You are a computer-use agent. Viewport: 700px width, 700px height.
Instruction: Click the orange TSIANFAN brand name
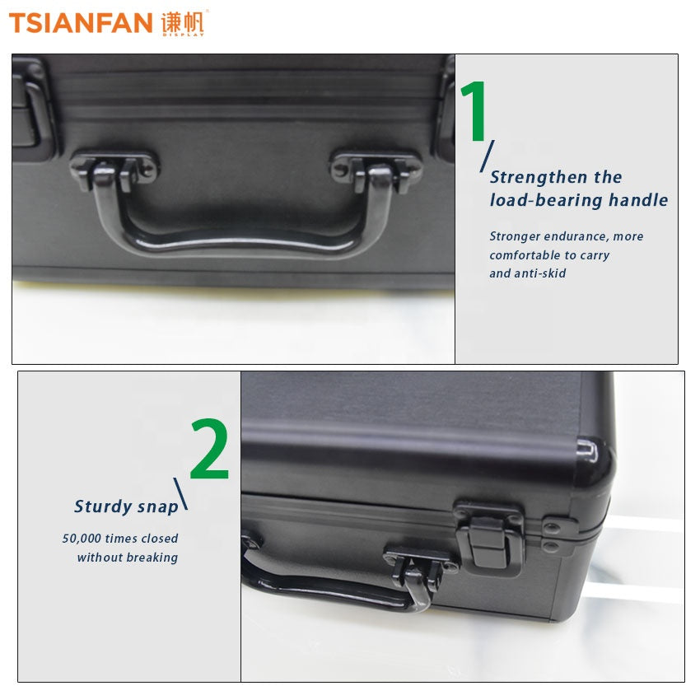pyautogui.click(x=81, y=23)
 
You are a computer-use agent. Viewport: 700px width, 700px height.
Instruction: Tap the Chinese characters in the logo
pyautogui.click(x=182, y=22)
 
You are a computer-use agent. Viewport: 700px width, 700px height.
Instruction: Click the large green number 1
pyautogui.click(x=474, y=110)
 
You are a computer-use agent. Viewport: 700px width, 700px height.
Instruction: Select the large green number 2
pyautogui.click(x=209, y=449)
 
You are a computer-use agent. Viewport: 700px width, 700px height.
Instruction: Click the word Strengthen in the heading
pyautogui.click(x=539, y=178)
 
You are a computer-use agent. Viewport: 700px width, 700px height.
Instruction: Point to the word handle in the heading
pyautogui.click(x=638, y=200)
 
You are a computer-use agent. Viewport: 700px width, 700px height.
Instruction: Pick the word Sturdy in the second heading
pyautogui.click(x=103, y=506)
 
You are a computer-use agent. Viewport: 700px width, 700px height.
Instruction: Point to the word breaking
pyautogui.click(x=152, y=558)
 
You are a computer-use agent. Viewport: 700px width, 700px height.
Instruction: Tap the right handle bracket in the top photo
pyautogui.click(x=376, y=170)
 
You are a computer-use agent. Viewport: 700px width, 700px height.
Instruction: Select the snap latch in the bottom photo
pyautogui.click(x=490, y=538)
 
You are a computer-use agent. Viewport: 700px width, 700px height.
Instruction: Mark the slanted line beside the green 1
pyautogui.click(x=487, y=156)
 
